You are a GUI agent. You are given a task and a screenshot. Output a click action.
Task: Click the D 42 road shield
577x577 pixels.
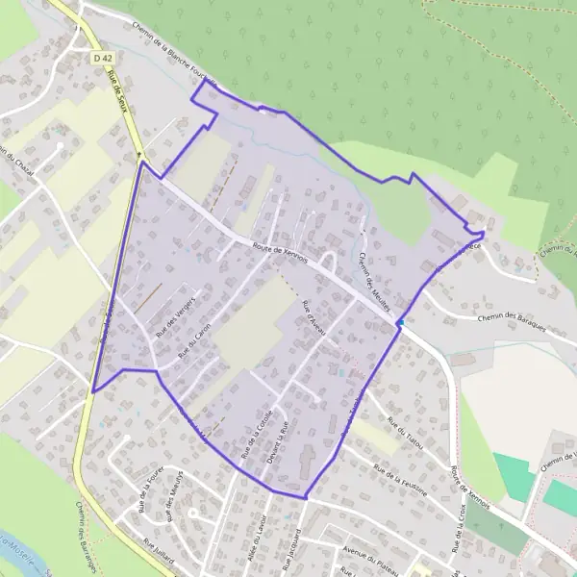(103, 59)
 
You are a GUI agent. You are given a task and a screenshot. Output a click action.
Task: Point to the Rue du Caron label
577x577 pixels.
(195, 339)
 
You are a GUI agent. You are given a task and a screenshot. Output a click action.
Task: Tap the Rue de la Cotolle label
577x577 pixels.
(255, 433)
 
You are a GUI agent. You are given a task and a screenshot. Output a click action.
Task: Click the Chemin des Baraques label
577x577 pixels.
(512, 325)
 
